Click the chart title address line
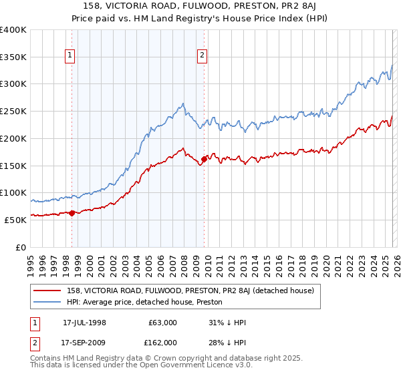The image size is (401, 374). click(200, 7)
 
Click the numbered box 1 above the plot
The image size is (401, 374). click(72, 56)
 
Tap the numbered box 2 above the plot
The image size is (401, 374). click(201, 56)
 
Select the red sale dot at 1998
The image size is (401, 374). click(72, 213)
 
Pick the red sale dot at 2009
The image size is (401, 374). click(204, 159)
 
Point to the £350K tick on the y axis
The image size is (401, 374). click(13, 57)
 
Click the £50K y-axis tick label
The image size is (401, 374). click(15, 220)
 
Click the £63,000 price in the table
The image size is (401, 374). click(162, 323)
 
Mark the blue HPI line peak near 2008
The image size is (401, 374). click(182, 104)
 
